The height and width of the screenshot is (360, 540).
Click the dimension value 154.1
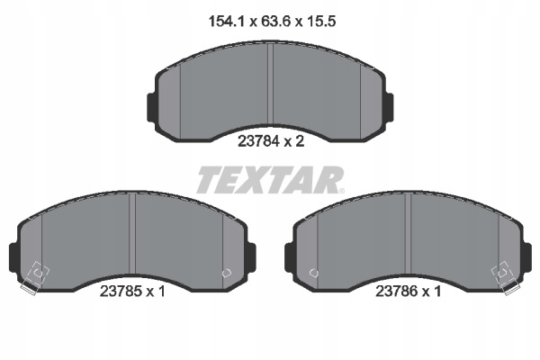[226, 22]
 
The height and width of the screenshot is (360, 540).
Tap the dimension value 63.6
[276, 22]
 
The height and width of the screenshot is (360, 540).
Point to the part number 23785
[121, 292]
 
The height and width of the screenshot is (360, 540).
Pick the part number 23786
[397, 292]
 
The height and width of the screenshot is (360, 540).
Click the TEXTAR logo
[270, 179]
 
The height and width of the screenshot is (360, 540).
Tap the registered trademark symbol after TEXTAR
[341, 191]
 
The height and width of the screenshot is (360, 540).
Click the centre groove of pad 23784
[270, 85]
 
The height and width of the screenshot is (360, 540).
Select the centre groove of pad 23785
[132, 234]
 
